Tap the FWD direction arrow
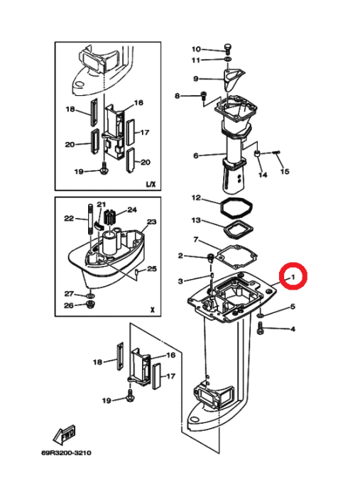64,435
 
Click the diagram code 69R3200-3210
66,453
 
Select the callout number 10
196,49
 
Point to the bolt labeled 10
228,49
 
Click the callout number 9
196,79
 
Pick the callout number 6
196,155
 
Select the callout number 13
196,220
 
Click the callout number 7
196,239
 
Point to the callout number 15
285,172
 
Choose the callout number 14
263,175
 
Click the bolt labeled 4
260,328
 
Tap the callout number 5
293,307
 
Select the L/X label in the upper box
151,184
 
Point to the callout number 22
69,219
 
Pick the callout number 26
69,305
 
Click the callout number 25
152,269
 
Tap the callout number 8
177,96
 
